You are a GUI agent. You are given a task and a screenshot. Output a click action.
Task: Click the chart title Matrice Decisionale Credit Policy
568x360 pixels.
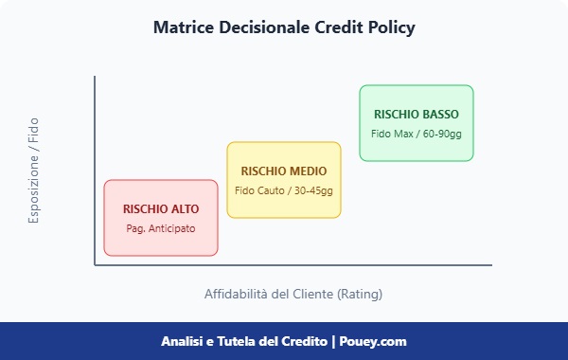coord(284,28)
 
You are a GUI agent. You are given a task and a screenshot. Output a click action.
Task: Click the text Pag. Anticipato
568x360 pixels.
coord(161,228)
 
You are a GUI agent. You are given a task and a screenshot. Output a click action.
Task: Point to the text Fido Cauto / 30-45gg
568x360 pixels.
coord(284,190)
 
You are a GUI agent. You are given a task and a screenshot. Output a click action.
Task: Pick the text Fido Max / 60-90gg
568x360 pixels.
coord(417,134)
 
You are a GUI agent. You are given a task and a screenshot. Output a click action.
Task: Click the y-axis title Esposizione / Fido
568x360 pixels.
coord(34,171)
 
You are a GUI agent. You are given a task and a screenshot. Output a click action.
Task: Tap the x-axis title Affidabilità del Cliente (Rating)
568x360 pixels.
coord(293,294)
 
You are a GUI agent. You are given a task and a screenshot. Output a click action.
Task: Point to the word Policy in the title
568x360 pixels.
coord(393,28)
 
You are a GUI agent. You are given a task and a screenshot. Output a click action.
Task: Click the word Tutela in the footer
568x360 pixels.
coord(233,341)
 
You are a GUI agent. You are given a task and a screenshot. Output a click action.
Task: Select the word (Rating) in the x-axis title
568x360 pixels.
coord(359,294)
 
